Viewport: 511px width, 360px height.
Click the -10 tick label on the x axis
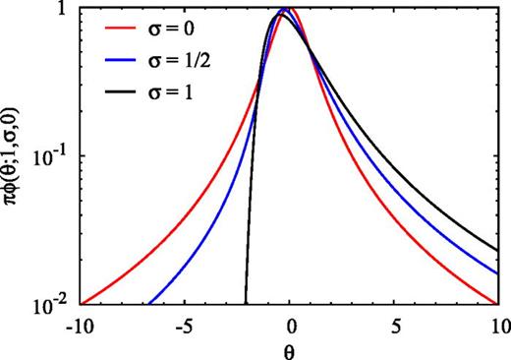pyautogui.click(x=82, y=323)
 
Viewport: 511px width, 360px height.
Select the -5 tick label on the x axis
pyautogui.click(x=186, y=323)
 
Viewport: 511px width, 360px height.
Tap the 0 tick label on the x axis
pyautogui.click(x=291, y=323)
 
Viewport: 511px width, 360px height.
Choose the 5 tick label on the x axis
pyautogui.click(x=395, y=323)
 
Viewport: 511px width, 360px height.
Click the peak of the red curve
pyautogui.click(x=292, y=9)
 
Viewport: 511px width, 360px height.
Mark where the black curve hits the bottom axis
pyautogui.click(x=245, y=303)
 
